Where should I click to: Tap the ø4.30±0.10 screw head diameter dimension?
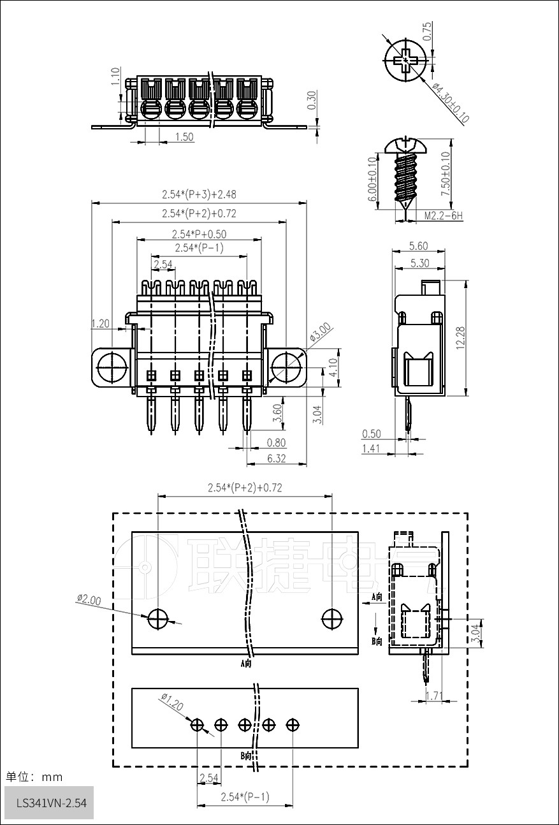click(451, 103)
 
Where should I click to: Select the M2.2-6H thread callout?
click(444, 215)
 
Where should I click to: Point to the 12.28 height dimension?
click(460, 338)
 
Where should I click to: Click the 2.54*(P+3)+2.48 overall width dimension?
click(199, 194)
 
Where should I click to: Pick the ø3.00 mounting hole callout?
click(320, 332)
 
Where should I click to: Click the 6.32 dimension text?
click(276, 458)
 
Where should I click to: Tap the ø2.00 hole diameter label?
click(89, 599)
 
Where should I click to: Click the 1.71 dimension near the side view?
click(434, 696)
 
